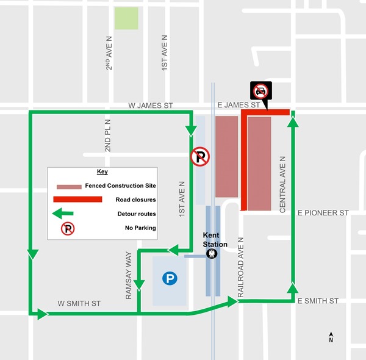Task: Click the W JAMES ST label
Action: click(151, 106)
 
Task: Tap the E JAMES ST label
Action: click(239, 106)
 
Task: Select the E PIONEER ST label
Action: click(323, 213)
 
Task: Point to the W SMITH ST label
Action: click(79, 303)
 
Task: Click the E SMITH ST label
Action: click(318, 301)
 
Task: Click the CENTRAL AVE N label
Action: click(282, 183)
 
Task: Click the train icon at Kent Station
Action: click(212, 254)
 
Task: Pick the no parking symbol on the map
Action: click(199, 157)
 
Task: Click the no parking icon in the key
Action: click(68, 228)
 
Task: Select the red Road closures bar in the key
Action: click(77, 199)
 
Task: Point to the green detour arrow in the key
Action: click(63, 214)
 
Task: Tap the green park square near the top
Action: click(126, 18)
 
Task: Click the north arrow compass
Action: click(331, 337)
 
